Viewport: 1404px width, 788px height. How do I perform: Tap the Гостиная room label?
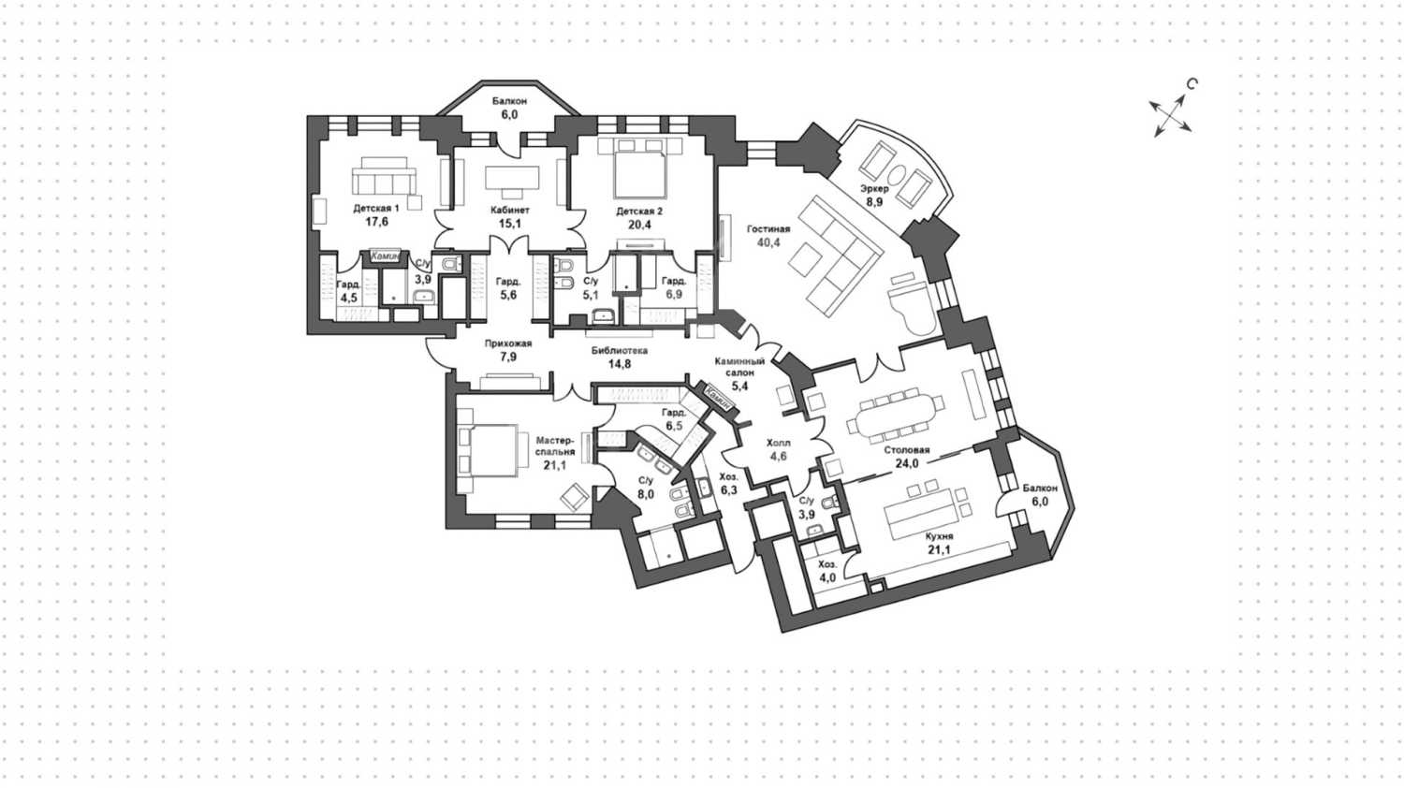[x=768, y=229]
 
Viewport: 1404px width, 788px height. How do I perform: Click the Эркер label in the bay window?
[x=874, y=188]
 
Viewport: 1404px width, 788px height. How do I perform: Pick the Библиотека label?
[x=619, y=351]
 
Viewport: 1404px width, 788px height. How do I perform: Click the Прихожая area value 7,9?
[x=508, y=357]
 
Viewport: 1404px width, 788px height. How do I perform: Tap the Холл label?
[x=778, y=443]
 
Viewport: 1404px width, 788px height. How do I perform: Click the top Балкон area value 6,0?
[x=509, y=114]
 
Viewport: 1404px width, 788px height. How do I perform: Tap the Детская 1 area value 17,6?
[x=376, y=223]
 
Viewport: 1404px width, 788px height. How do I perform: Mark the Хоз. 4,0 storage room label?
[x=827, y=572]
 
